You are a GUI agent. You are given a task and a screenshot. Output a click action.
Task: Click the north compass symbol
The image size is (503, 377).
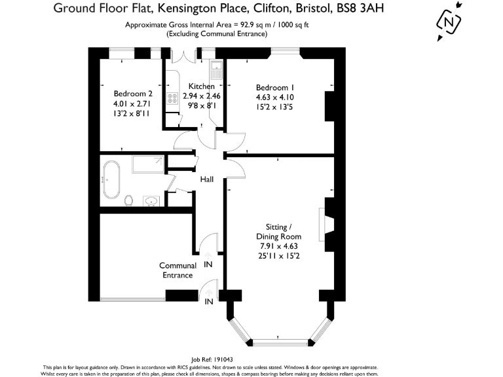coord(449,22)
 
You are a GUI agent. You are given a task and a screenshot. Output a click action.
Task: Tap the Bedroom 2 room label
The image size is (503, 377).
coord(133,94)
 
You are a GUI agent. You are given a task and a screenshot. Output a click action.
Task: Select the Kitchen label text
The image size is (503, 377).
coord(201,86)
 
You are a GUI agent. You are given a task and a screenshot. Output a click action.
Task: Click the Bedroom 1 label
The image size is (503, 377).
coord(275,88)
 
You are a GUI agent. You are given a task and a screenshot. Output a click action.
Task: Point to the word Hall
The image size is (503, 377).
coord(206,179)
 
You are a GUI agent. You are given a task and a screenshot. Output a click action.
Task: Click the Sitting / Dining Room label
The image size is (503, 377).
coord(278,232)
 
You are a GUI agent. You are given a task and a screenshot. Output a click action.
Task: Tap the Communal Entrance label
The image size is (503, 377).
coord(177,270)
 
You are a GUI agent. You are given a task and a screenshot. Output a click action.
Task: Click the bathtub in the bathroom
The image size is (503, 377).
coord(111,179)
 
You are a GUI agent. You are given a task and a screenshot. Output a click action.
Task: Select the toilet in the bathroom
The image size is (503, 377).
coord(128,201)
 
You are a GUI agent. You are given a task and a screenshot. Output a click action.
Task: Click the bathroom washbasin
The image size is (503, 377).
coord(151,201)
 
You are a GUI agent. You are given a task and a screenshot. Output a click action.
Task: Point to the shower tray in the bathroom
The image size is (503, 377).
coord(148,164)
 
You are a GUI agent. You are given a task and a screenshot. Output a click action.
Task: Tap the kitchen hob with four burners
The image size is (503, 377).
coord(172,98)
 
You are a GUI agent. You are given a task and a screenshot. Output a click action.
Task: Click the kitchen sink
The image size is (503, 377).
coord(216,71)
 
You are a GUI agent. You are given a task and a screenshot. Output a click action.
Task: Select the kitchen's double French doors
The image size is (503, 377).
coord(183,56)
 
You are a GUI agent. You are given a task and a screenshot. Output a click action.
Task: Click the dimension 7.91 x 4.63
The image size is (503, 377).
coord(279,246)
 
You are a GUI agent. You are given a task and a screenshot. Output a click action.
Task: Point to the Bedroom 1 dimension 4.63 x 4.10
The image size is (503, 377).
coord(275,97)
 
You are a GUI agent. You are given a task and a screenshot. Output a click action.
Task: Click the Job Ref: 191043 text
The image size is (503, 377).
coord(212,360)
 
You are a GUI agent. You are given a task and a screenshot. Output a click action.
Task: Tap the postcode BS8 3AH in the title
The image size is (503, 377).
coord(360,8)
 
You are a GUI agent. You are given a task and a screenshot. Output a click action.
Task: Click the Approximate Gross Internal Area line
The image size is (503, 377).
coord(217,25)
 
